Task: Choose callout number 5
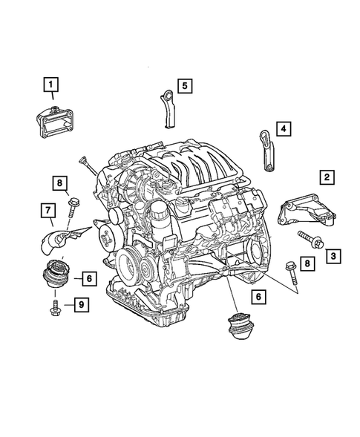(x=185, y=85)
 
